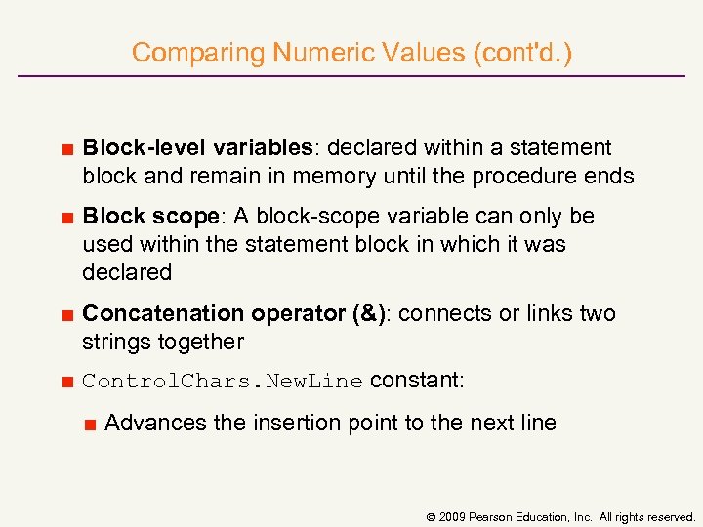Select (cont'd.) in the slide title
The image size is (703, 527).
[522, 53]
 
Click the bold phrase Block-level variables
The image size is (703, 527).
[196, 147]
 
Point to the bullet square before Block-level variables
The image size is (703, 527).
[67, 149]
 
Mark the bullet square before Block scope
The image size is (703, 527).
[67, 218]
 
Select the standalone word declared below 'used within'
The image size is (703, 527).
[127, 272]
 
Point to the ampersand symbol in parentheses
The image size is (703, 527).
[368, 313]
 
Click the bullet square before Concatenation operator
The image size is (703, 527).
[67, 315]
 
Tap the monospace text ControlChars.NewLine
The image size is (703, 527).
[223, 382]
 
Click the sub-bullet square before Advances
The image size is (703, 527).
[89, 425]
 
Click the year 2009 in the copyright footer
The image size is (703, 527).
[454, 516]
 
